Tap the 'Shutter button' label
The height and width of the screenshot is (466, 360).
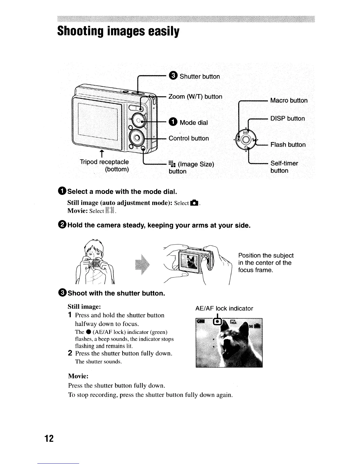[x=199, y=76]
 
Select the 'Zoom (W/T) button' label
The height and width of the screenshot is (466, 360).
[x=195, y=97]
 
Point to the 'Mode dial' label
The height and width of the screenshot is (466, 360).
[x=193, y=122]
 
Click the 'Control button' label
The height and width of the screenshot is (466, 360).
[x=189, y=138]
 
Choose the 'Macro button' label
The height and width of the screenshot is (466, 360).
[x=289, y=101]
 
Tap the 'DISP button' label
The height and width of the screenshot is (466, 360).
[x=287, y=119]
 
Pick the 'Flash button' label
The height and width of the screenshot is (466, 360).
[x=288, y=145]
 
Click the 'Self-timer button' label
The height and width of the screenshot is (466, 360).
[x=284, y=167]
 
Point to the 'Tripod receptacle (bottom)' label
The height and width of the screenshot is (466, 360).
[x=105, y=166]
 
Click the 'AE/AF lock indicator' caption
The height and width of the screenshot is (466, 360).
[x=224, y=308]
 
